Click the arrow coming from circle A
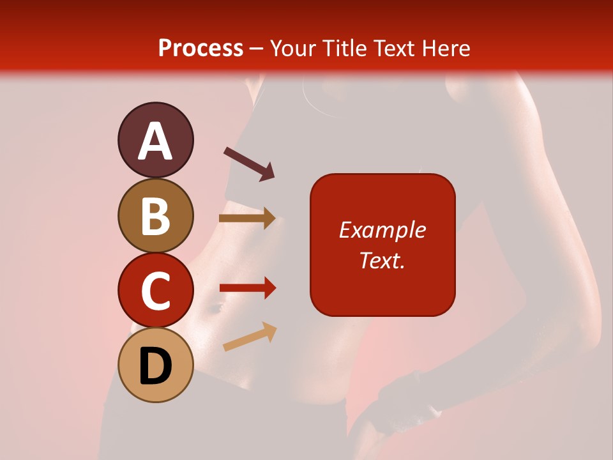click(249, 163)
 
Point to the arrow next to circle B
click(247, 218)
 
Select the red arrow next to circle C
click(247, 287)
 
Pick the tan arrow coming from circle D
click(250, 337)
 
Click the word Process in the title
click(201, 49)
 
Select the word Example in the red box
click(382, 230)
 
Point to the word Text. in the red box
click(382, 260)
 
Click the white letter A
click(156, 142)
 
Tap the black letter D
click(155, 367)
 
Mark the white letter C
click(155, 291)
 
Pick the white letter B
click(155, 216)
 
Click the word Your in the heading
click(293, 49)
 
